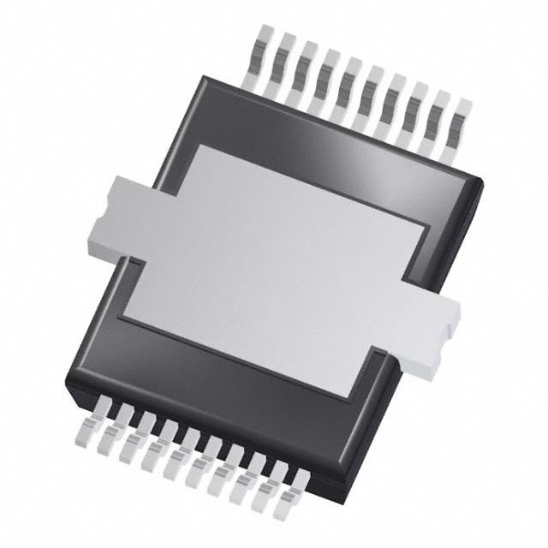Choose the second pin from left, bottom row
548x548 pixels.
(112, 438)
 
